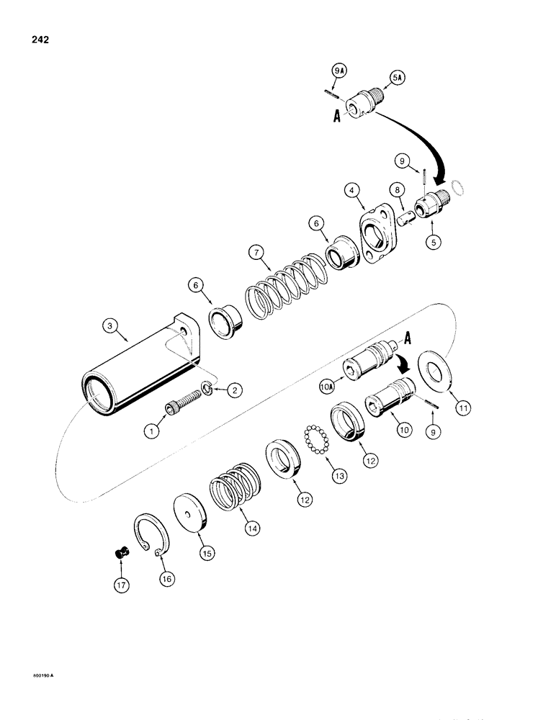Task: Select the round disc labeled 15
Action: (x=192, y=513)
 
